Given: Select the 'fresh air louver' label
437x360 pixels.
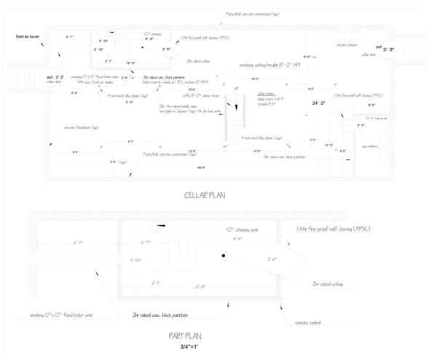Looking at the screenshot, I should pyautogui.click(x=28, y=35).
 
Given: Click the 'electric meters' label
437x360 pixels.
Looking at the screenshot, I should pyautogui.click(x=347, y=45).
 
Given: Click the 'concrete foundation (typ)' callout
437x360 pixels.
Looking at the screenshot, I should pyautogui.click(x=80, y=127).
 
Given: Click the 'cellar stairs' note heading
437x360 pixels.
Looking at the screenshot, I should pyautogui.click(x=267, y=94).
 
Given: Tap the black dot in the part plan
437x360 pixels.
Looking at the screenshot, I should pyautogui.click(x=225, y=256).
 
